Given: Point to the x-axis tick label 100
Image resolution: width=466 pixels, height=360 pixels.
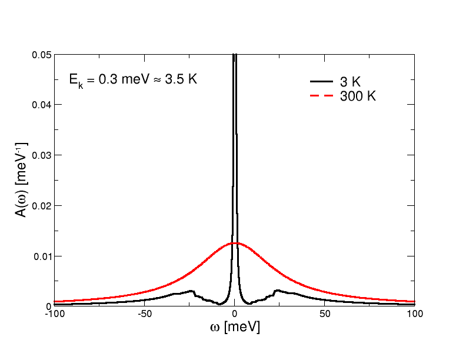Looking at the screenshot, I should click(414, 314).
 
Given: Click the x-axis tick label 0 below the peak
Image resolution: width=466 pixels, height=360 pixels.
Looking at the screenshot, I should click(235, 314).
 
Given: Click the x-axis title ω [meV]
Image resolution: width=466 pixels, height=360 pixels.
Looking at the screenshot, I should click(235, 326).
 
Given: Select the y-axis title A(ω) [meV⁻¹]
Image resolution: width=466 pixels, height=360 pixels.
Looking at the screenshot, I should click(21, 179).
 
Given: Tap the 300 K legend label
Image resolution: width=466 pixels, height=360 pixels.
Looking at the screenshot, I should click(357, 97).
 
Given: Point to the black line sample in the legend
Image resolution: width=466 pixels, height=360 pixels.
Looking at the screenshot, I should click(321, 82).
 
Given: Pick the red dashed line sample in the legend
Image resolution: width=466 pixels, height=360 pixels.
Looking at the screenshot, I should click(321, 96).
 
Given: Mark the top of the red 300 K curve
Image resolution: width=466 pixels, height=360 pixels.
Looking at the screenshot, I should click(235, 243).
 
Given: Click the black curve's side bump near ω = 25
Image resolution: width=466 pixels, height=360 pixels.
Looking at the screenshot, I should click(277, 291).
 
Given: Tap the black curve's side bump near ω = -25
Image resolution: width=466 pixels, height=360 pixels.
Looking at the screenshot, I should click(191, 291).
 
